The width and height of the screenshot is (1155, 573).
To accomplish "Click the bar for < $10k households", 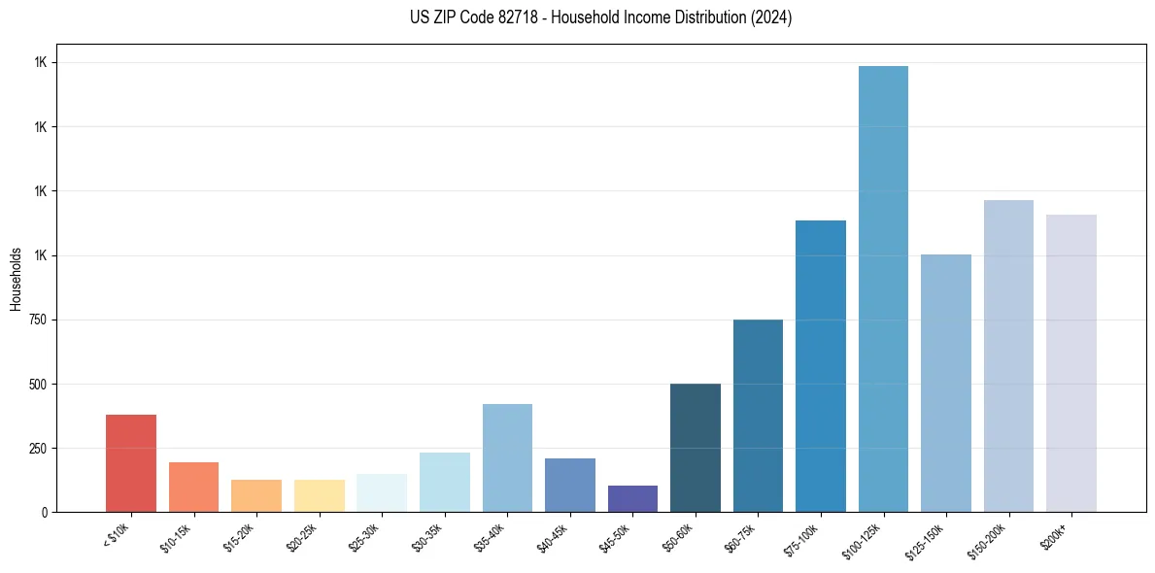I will tap(131, 463).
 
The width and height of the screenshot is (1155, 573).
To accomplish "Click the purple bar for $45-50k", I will tap(632, 499).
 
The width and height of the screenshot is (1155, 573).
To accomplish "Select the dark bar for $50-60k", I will tap(696, 448).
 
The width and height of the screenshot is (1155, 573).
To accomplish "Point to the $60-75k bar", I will tap(758, 416).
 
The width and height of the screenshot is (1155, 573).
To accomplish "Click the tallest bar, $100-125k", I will tap(883, 289).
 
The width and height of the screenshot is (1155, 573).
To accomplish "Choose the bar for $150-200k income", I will tap(1008, 356).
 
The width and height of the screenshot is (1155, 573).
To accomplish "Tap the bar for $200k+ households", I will tap(1071, 363).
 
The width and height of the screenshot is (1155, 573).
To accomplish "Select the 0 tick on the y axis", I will tap(45, 513).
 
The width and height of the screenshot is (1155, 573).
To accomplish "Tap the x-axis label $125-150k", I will tap(928, 539).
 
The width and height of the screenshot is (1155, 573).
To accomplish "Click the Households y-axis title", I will tap(16, 279).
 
